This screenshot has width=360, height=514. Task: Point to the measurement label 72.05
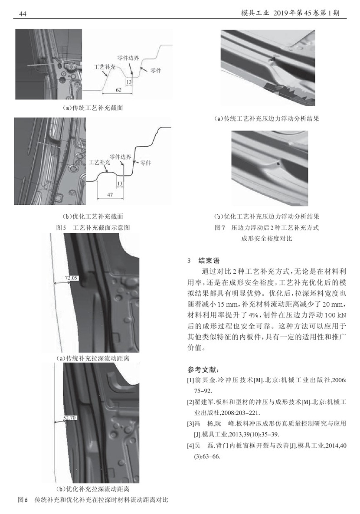point(71,277)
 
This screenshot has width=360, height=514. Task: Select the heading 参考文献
point(203,370)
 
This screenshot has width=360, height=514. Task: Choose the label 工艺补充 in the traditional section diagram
point(104,67)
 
